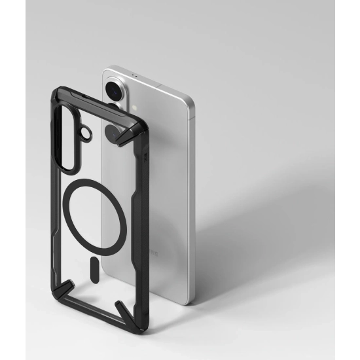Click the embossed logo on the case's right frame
tap(145, 158)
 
